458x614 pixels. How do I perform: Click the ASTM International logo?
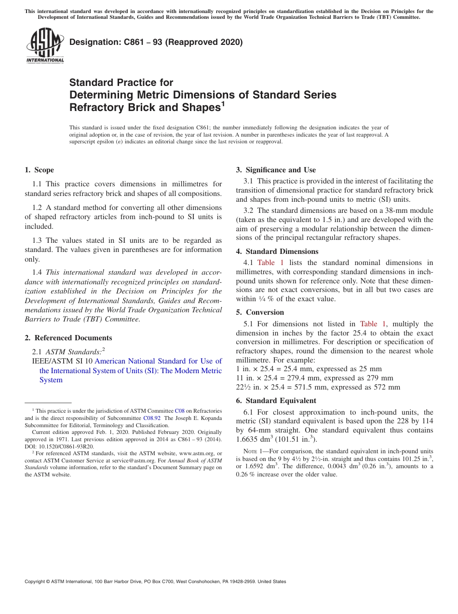[x=45, y=46]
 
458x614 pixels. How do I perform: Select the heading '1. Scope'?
[x=39, y=170]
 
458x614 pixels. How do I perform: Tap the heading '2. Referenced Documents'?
[x=68, y=338]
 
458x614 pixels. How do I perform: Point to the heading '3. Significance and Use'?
[x=276, y=170]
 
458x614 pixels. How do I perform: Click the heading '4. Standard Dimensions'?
[x=277, y=251]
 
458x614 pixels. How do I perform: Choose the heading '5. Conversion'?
[x=260, y=312]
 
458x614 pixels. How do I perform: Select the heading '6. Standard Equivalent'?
[x=276, y=401]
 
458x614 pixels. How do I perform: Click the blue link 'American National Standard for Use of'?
[x=158, y=361]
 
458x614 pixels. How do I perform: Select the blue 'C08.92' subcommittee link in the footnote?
[x=151, y=419]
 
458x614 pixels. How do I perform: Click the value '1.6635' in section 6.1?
[x=248, y=440]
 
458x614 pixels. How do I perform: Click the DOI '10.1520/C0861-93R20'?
[x=66, y=447]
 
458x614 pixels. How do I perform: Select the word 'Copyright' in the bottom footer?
[x=36, y=582]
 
